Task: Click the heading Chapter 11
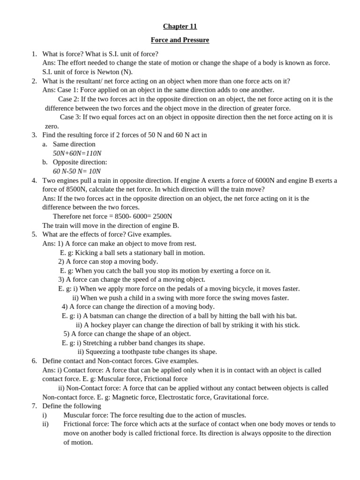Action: pyautogui.click(x=180, y=26)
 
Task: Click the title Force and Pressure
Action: pyautogui.click(x=180, y=40)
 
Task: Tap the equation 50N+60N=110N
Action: pyautogui.click(x=77, y=153)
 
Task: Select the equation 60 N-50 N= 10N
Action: pyautogui.click(x=76, y=171)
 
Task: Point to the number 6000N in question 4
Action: pyautogui.click(x=264, y=180)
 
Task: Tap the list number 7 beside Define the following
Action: pyautogui.click(x=34, y=406)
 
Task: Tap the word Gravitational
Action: pyautogui.click(x=233, y=397)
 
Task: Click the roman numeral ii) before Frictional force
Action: pyautogui.click(x=45, y=424)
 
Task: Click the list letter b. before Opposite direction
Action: pyautogui.click(x=45, y=162)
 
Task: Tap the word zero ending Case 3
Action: pyautogui.click(x=52, y=126)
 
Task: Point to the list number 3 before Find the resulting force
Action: pyautogui.click(x=34, y=135)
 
